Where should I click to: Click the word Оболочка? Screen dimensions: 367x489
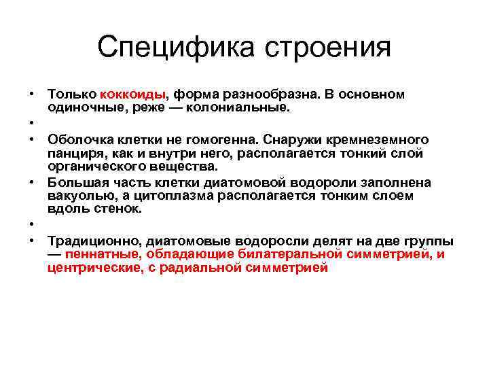click(x=78, y=139)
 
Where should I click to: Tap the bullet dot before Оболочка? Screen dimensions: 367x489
click(x=31, y=139)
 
